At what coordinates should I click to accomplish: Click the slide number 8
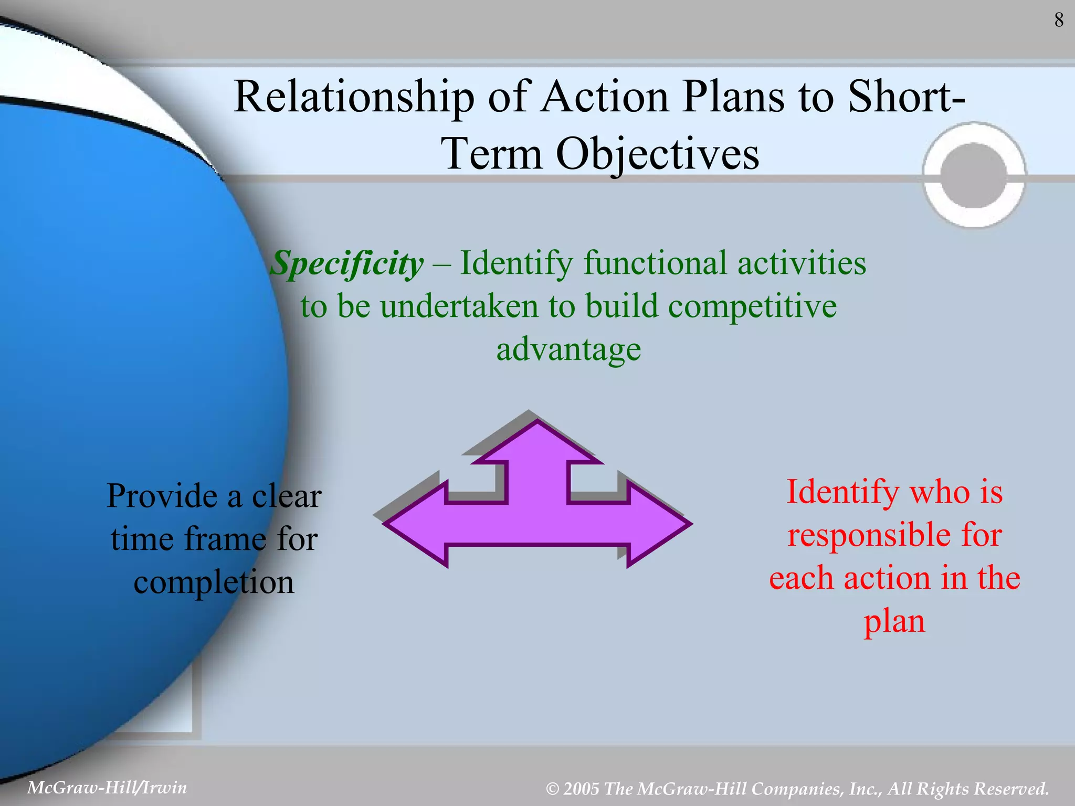pos(1059,20)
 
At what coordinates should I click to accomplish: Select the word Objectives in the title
pos(657,154)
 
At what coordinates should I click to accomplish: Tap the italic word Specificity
pos(347,263)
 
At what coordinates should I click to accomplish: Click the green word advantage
pos(568,349)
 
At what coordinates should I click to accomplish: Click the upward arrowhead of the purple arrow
pos(537,443)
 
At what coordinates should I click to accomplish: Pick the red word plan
pos(894,621)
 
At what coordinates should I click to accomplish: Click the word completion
pos(214,582)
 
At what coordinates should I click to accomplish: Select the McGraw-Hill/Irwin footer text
pos(107,788)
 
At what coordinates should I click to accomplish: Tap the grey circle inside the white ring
pos(974,175)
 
